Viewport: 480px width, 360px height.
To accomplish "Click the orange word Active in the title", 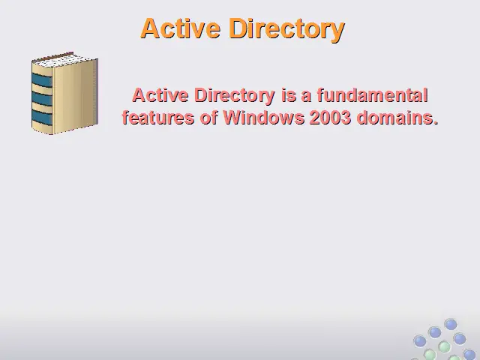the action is click(x=181, y=28).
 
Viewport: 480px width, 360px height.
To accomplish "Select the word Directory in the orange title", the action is click(x=286, y=29).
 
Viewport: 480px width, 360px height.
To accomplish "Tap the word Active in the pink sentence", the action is click(x=160, y=95).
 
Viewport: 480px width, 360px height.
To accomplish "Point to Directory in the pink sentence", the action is click(x=235, y=96).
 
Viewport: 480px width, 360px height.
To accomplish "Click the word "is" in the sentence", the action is click(x=289, y=95).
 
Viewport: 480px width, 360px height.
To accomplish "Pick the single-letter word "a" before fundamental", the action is click(x=306, y=97).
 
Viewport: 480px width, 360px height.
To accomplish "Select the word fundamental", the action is click(x=372, y=95).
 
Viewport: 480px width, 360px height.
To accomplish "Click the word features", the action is click(x=158, y=118).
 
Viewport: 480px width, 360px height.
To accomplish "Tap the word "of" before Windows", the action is click(x=208, y=118).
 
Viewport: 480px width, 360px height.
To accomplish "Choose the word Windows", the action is click(x=263, y=118).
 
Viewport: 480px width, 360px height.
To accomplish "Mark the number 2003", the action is click(x=330, y=118).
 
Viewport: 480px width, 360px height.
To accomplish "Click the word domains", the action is click(x=394, y=118).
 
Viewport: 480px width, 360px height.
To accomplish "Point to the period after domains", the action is click(x=435, y=122).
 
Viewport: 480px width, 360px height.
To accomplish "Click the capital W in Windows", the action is click(x=232, y=118).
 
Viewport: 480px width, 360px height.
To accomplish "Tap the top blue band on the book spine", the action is click(x=42, y=79).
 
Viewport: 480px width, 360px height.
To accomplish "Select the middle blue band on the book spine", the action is click(x=42, y=98).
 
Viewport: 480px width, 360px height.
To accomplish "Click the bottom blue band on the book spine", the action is click(x=42, y=117).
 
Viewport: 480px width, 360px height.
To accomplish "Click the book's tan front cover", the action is click(x=75, y=95).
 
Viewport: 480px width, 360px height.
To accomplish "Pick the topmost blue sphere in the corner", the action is click(x=451, y=324).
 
